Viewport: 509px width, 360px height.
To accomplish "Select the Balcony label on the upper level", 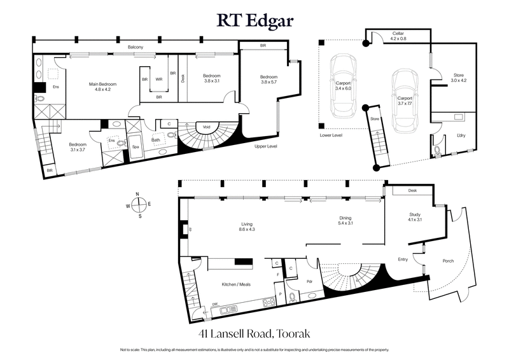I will pos(134,48).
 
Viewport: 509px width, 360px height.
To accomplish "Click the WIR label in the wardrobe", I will pos(158,80).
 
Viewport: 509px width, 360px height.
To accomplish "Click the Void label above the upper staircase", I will pos(207,126).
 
